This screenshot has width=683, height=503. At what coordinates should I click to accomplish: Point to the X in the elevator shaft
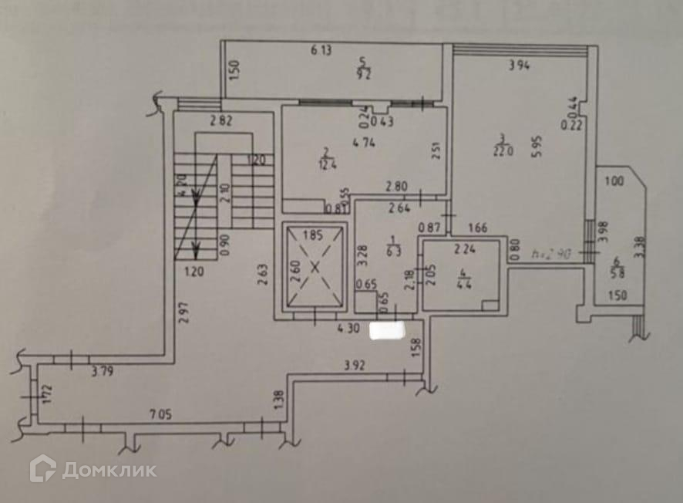(314, 268)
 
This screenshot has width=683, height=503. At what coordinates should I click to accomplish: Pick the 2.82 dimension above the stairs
(222, 120)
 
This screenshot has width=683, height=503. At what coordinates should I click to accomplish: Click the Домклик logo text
(109, 470)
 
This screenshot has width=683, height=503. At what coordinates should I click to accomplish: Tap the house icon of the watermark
(42, 469)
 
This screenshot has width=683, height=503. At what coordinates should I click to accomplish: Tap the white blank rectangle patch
(388, 331)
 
